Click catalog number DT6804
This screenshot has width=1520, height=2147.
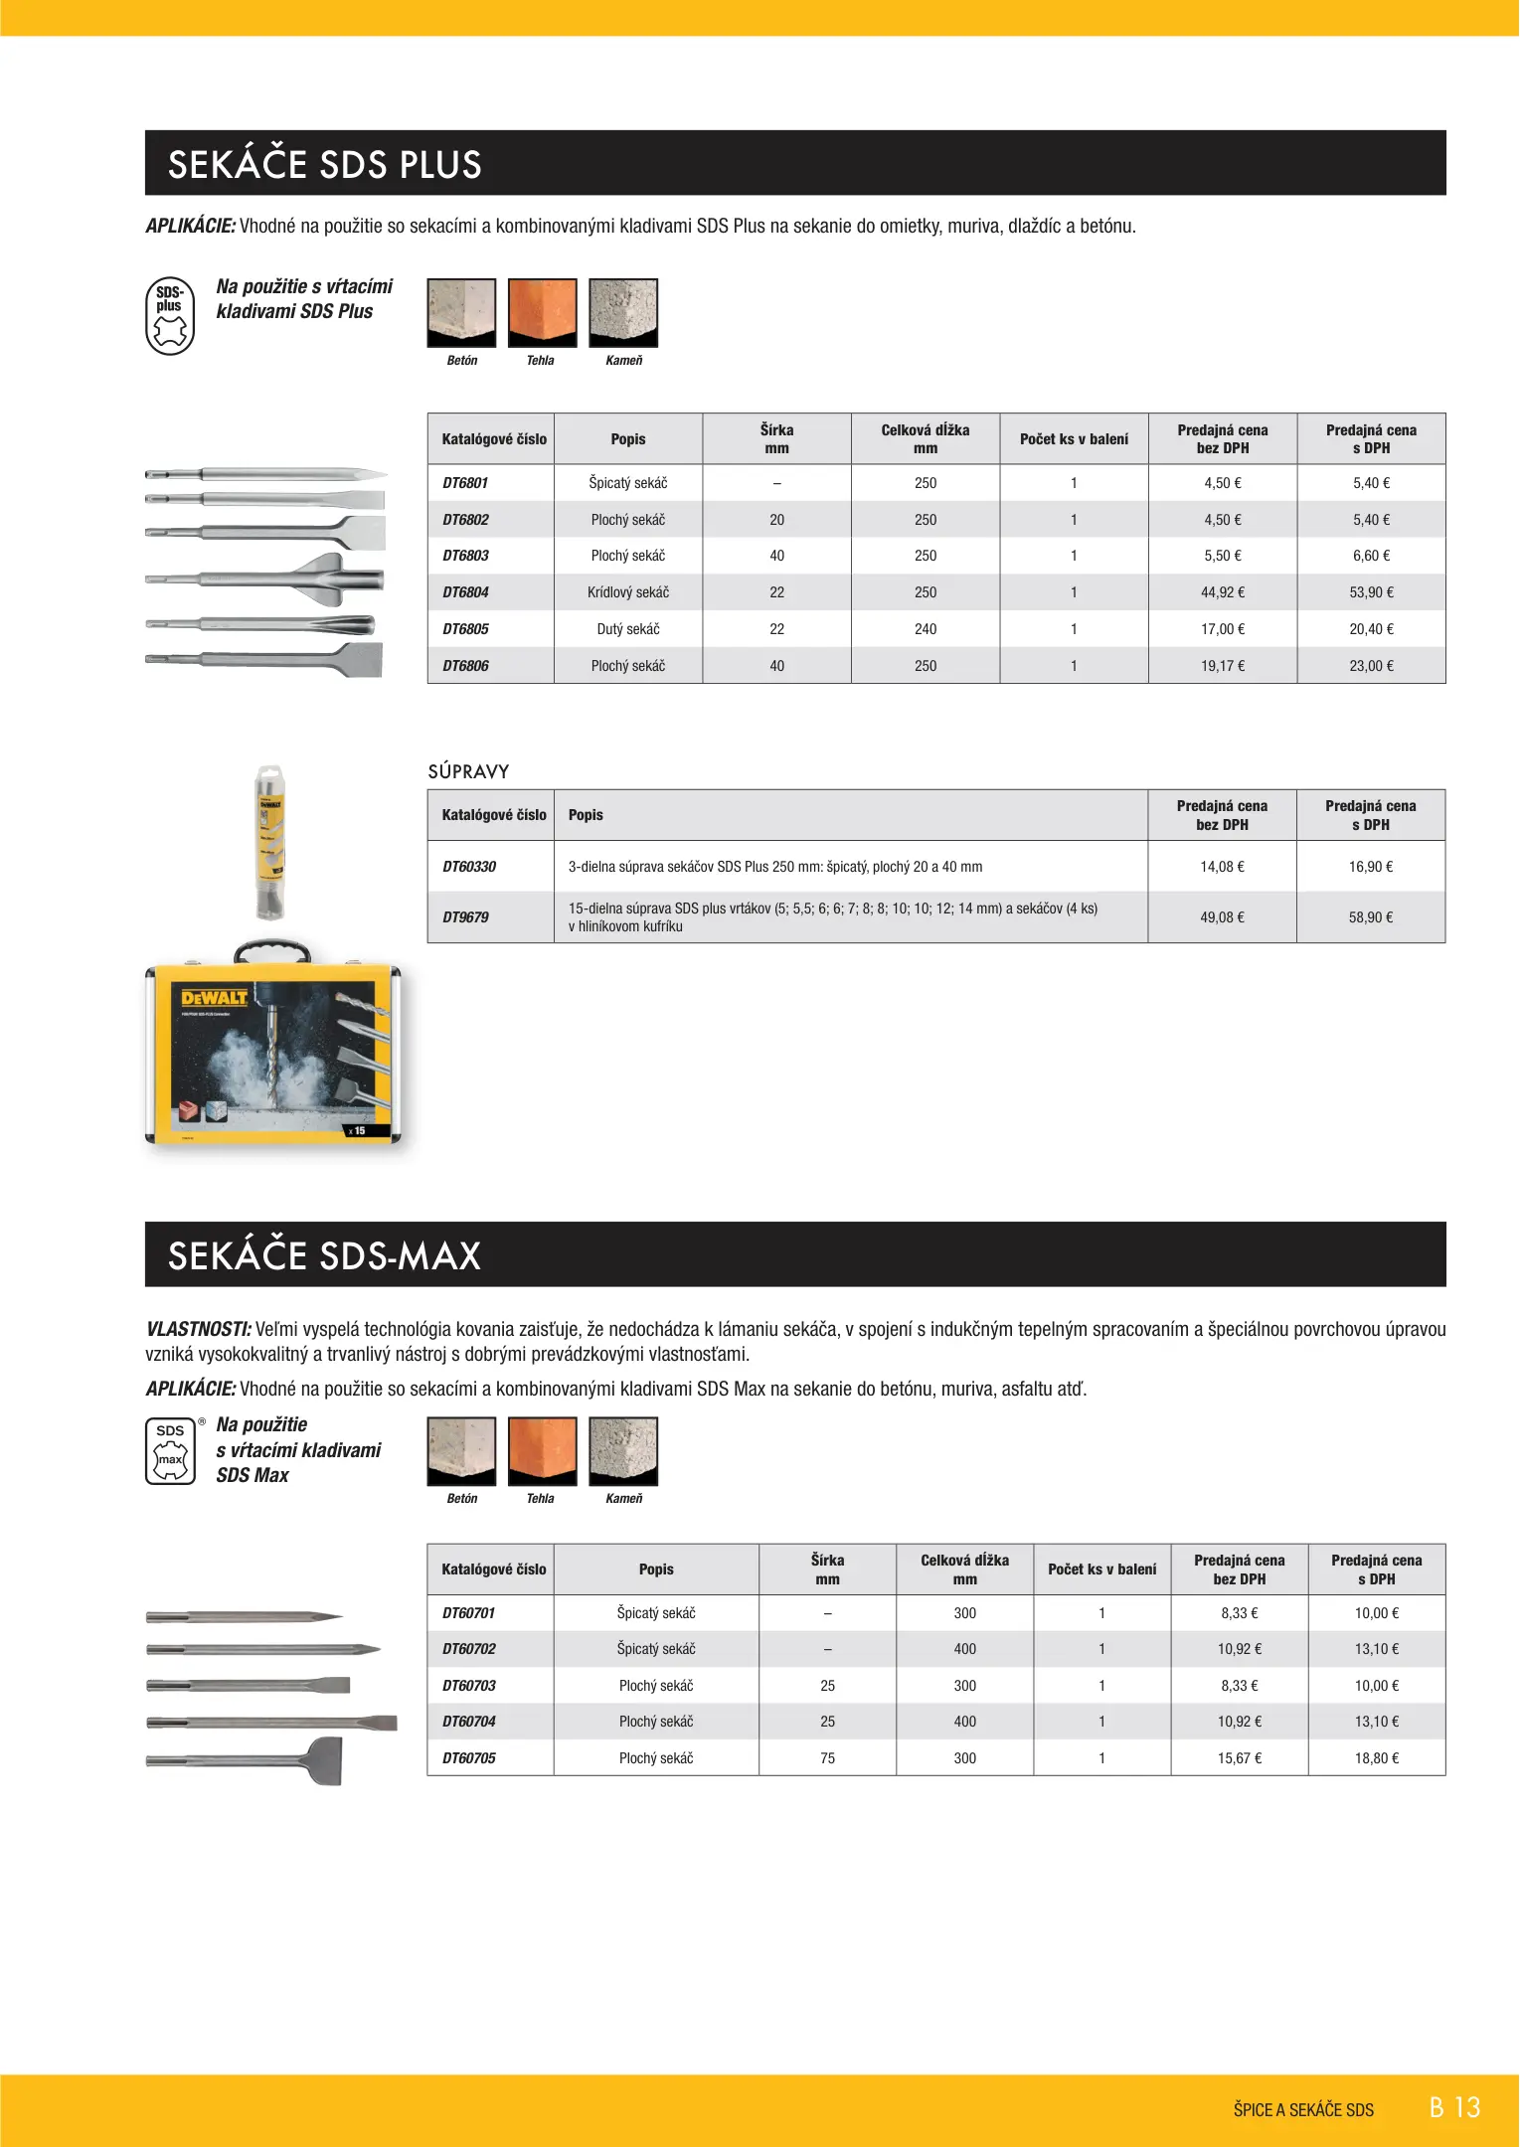coord(465,592)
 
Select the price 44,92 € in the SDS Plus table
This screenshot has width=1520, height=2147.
coord(1222,592)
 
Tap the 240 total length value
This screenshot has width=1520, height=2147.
coord(925,629)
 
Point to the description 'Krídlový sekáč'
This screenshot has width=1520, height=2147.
coord(627,592)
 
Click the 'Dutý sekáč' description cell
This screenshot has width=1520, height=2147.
coord(627,629)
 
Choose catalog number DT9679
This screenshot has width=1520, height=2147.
coord(465,917)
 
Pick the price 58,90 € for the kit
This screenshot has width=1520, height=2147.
coord(1370,917)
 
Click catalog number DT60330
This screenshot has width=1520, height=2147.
coord(468,867)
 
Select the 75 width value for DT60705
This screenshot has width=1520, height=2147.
coord(827,1758)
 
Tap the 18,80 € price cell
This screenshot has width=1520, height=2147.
coord(1376,1758)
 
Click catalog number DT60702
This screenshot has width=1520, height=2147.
coord(468,1649)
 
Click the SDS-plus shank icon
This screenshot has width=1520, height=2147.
coord(170,316)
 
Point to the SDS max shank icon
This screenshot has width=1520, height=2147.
coord(170,1450)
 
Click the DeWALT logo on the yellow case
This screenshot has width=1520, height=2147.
coord(214,997)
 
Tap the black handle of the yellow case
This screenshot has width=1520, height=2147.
coord(271,949)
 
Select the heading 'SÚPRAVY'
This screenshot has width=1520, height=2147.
coord(468,771)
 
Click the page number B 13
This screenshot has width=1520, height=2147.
coord(1454,2108)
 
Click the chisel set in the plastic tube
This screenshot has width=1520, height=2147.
coord(270,843)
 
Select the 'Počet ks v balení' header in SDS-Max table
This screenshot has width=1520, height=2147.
coord(1101,1569)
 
